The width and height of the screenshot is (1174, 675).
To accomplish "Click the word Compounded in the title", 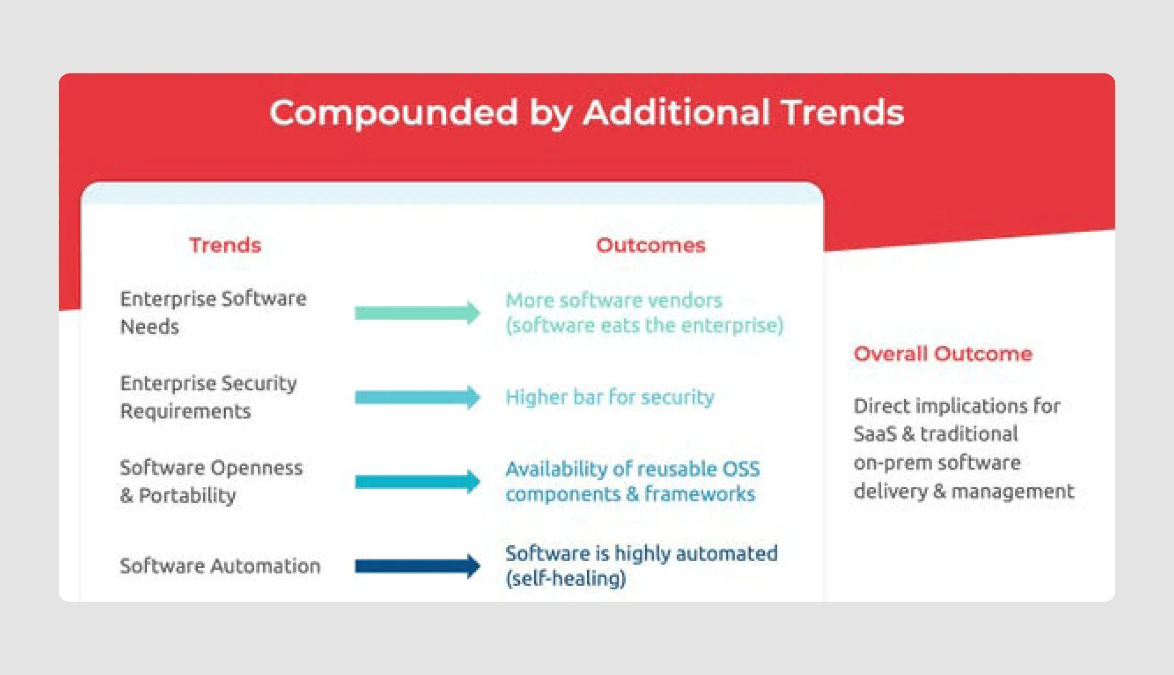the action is [x=393, y=112].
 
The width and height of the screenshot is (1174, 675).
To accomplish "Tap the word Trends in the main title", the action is [x=842, y=112].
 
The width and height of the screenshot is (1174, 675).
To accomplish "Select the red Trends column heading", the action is [x=225, y=245].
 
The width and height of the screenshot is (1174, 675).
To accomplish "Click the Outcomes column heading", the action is [x=651, y=245].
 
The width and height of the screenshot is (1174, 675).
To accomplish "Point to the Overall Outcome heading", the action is [x=943, y=354].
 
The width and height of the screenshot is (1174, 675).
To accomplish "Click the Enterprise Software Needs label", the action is [x=213, y=312].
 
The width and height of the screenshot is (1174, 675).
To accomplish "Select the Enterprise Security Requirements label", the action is [x=209, y=397].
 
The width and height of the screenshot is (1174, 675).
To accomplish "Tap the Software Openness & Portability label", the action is [x=211, y=481].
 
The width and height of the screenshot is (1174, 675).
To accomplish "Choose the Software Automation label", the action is [x=220, y=566].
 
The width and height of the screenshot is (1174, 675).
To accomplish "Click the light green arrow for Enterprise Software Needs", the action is [x=418, y=313].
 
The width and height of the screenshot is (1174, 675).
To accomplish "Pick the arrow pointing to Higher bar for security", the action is [x=418, y=397].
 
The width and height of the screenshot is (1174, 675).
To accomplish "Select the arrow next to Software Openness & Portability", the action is [x=418, y=481].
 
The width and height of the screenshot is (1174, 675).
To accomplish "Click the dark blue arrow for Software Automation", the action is [x=418, y=566].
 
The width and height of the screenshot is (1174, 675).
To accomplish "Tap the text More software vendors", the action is [x=614, y=300].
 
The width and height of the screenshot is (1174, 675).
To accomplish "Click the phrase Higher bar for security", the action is [x=610, y=397].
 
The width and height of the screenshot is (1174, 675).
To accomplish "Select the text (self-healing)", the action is [x=566, y=578].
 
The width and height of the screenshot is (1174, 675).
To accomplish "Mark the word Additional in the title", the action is [x=676, y=112].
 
